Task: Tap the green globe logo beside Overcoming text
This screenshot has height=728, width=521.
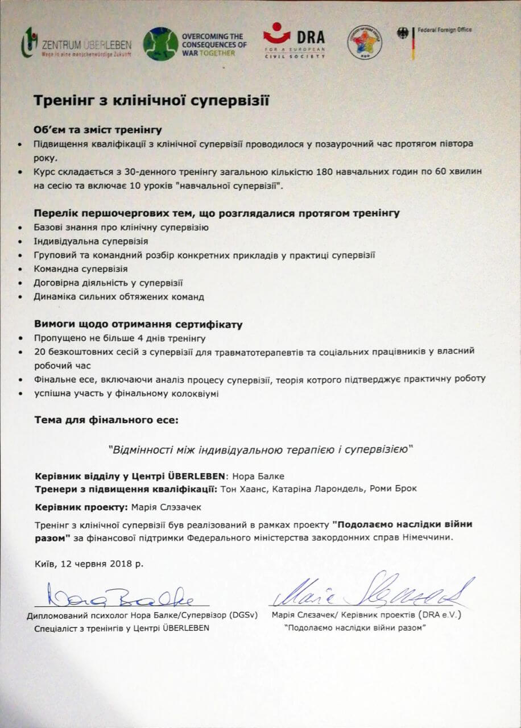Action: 160,44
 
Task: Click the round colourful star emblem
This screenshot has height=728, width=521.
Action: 364,42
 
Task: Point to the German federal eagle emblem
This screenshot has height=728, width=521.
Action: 402,34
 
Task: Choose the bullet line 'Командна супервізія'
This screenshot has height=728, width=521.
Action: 80,268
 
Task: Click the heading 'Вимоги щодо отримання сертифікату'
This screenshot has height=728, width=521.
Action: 138,325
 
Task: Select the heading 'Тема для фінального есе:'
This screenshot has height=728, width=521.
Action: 106,421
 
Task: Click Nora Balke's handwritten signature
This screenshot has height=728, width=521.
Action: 121,598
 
